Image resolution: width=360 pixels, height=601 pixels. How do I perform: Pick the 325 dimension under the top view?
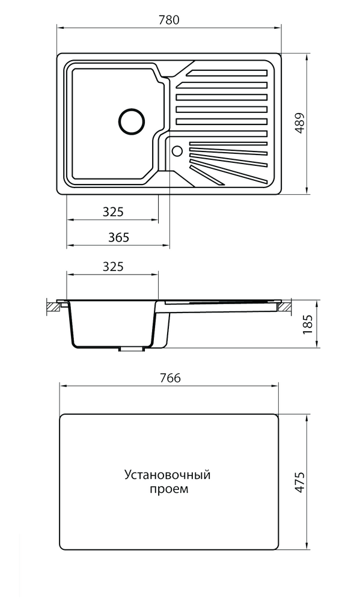coord(113,212)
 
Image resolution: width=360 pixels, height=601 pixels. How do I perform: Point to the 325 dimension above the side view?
coord(113,266)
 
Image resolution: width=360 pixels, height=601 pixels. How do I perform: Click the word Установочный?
coord(167,475)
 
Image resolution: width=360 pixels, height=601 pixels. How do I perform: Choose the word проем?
coord(168,489)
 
